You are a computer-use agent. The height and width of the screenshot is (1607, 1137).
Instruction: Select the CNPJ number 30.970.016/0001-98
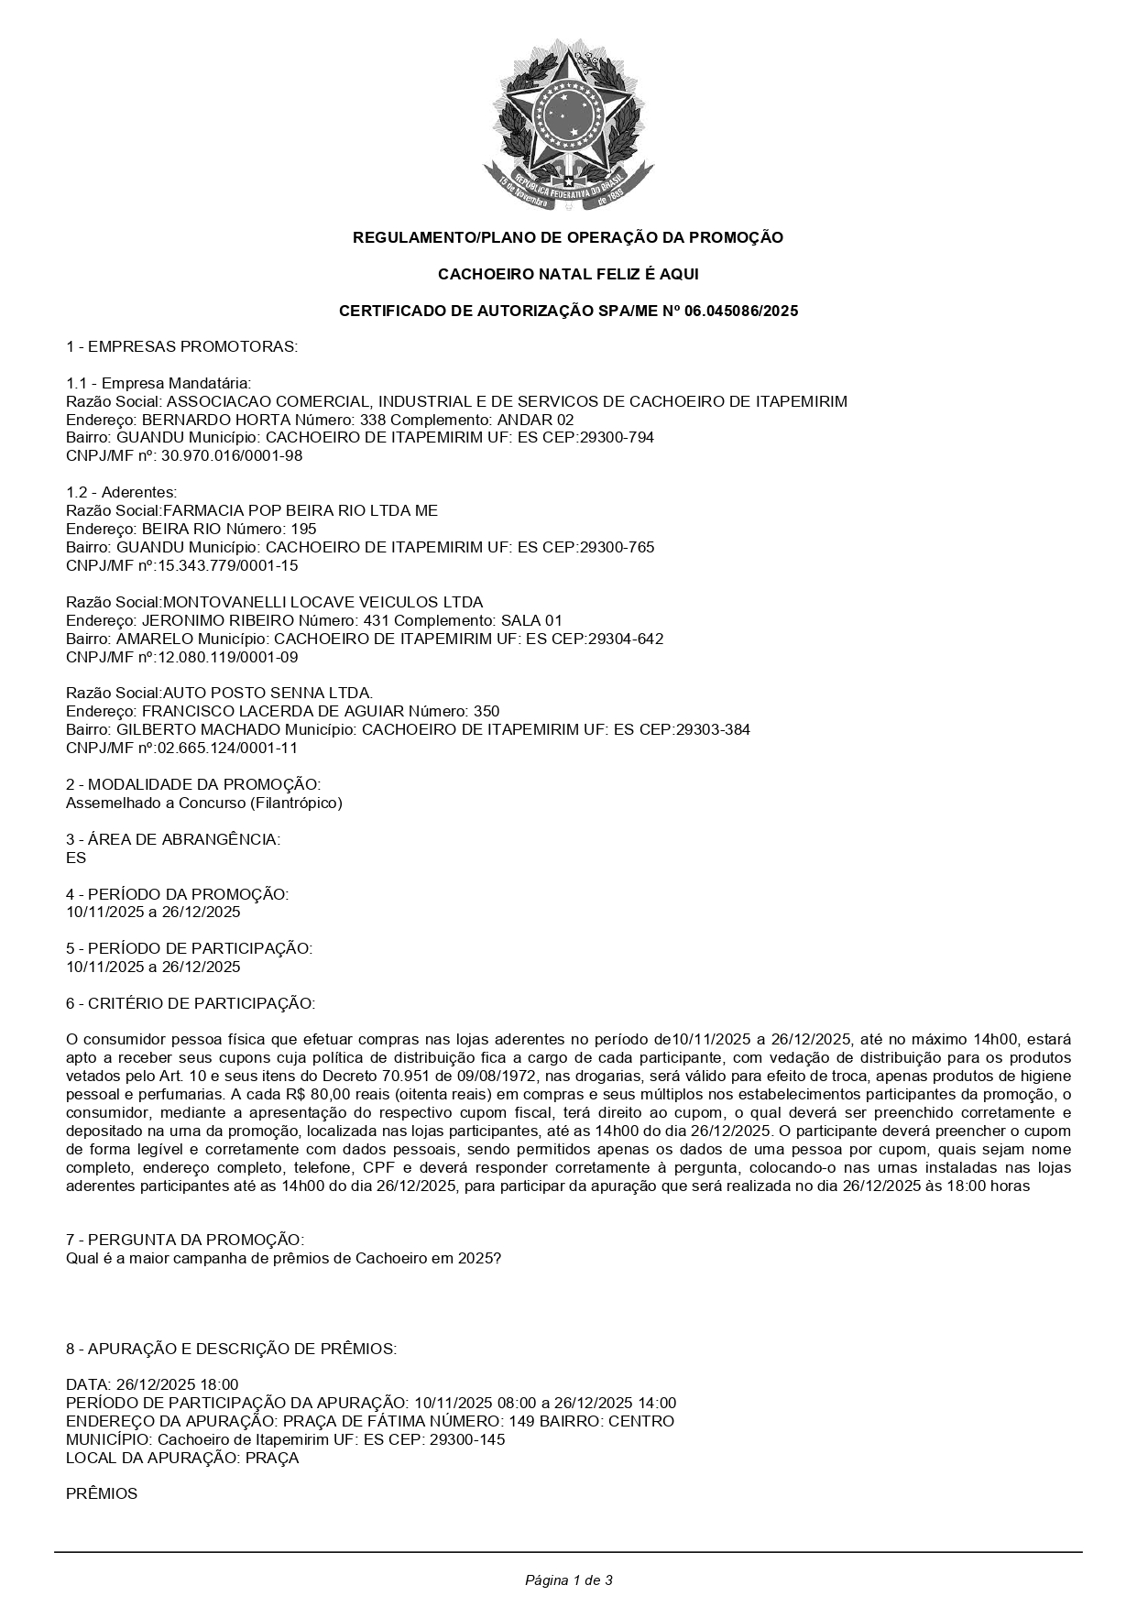pos(232,455)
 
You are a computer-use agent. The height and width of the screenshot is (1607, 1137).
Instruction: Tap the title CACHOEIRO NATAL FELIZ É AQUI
pos(568,274)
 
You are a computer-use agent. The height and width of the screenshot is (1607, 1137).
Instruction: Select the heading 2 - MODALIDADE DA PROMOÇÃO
pos(193,784)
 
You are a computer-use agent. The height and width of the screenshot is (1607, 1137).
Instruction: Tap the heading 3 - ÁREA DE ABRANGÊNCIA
pos(173,839)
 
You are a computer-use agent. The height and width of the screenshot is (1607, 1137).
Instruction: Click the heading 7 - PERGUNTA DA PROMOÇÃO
pos(185,1240)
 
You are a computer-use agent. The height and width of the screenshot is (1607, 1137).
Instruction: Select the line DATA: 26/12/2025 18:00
pos(152,1384)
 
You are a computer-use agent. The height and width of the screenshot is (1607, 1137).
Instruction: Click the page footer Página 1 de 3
pos(568,1580)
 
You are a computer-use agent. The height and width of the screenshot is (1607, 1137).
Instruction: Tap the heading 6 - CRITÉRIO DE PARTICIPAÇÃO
pos(191,1003)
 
